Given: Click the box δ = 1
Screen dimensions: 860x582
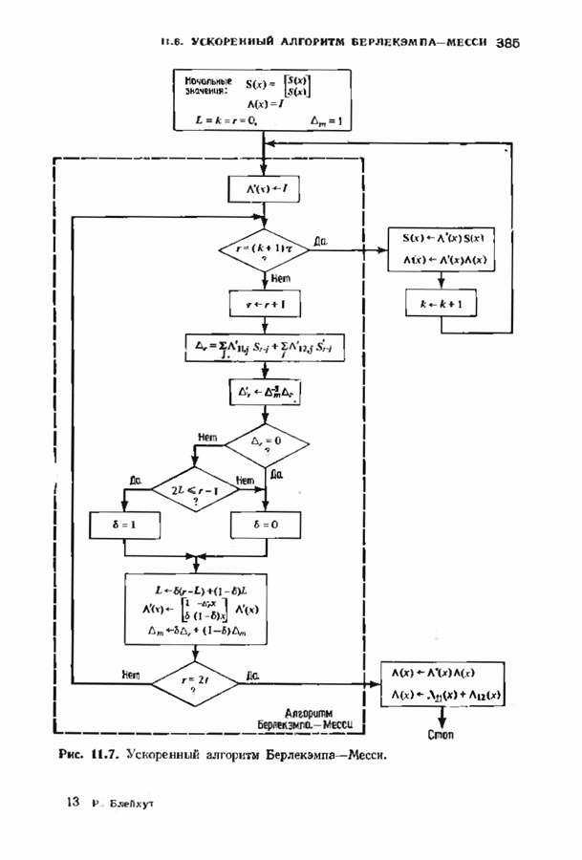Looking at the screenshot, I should click(124, 525).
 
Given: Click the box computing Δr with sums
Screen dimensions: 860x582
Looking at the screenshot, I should click(263, 349).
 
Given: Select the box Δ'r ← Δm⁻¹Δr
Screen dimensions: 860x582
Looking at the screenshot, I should click(263, 393).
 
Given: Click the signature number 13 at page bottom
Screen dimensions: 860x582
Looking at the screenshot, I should click(73, 803).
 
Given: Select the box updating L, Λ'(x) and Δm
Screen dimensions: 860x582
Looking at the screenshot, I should click(195, 609).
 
